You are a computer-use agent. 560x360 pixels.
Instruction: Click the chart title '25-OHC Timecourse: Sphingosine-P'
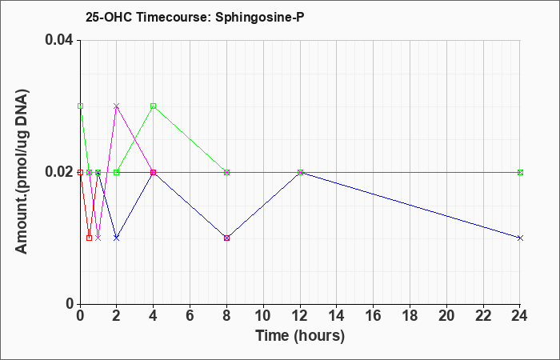click(x=194, y=17)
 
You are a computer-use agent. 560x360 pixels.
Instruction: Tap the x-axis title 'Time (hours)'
click(x=300, y=336)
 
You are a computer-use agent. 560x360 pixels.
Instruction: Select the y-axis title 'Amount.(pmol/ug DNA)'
click(x=22, y=172)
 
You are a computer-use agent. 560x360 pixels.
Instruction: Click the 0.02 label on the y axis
click(x=59, y=172)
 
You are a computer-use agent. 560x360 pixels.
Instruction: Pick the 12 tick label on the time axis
click(x=300, y=316)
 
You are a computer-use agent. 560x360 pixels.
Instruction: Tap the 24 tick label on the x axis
click(x=520, y=316)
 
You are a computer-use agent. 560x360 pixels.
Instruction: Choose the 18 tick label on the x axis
click(x=410, y=316)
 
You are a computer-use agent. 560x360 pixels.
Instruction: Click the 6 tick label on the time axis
click(x=190, y=316)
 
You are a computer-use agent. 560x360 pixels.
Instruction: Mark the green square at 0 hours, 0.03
click(x=80, y=106)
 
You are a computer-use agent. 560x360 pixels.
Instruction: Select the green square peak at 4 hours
click(x=154, y=106)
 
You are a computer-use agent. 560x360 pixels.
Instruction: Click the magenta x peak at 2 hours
click(x=117, y=106)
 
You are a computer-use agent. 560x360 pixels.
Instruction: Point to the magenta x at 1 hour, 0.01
click(x=98, y=238)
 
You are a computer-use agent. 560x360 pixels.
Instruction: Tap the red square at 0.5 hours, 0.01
click(x=90, y=238)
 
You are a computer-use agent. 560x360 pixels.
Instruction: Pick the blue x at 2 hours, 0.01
click(x=117, y=238)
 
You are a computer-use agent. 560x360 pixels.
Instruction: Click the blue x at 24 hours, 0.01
click(x=520, y=238)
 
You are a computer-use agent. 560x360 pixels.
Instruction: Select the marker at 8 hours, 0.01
click(x=226, y=238)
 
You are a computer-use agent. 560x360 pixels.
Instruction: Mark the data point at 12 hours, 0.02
click(x=300, y=172)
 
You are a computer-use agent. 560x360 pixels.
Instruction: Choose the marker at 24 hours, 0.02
click(x=520, y=172)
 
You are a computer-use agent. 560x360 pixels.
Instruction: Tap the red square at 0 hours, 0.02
click(x=80, y=172)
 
